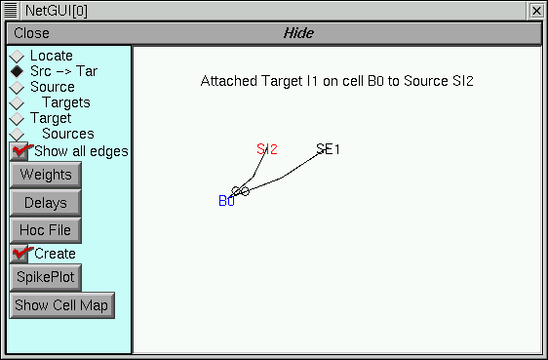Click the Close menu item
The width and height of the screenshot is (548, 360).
click(32, 33)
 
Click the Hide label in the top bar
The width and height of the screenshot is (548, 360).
click(298, 33)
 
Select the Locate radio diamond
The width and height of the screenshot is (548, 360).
click(17, 57)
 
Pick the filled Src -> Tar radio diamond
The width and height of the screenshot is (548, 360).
click(17, 72)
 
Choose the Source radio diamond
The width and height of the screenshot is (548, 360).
click(17, 88)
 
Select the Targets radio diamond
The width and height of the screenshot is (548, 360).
click(17, 103)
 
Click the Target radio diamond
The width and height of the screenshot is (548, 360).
click(17, 119)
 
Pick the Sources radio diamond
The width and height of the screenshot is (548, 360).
click(17, 135)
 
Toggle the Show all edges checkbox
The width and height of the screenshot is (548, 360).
click(20, 151)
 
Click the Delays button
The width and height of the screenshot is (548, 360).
click(45, 203)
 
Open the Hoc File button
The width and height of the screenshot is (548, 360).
click(45, 231)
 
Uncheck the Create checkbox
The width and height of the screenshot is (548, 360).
click(20, 254)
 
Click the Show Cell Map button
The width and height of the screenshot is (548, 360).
click(62, 305)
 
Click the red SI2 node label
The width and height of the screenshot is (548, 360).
click(267, 149)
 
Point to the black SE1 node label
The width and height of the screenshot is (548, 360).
click(328, 149)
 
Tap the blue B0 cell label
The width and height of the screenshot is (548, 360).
click(226, 201)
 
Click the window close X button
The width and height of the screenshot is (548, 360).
click(535, 10)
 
